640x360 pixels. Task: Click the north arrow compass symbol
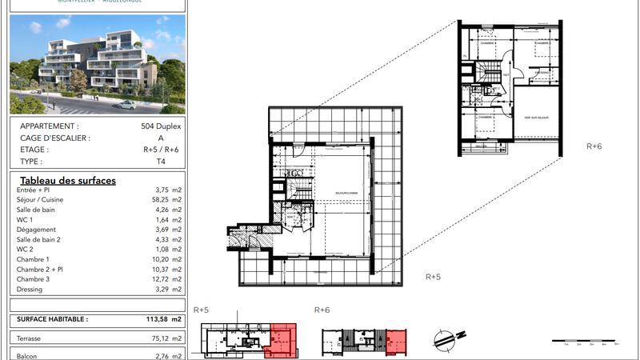[448, 339]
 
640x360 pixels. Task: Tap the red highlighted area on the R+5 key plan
[284, 338]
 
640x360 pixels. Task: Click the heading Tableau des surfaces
[68, 181]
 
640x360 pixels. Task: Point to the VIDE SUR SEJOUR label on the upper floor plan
[535, 118]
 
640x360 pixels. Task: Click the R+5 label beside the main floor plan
[433, 277]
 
